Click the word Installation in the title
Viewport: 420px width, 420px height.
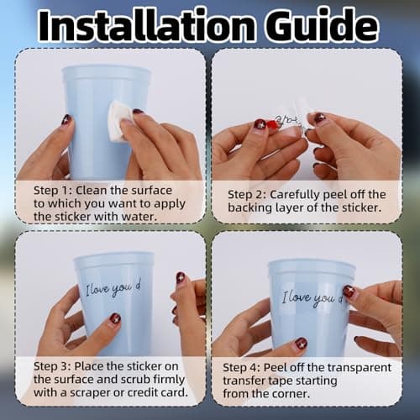pyautogui.click(x=147, y=26)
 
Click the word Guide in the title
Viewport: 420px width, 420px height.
pyautogui.click(x=322, y=26)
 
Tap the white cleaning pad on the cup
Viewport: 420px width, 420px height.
pyautogui.click(x=120, y=122)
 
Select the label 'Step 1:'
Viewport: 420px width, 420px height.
pyautogui.click(x=53, y=191)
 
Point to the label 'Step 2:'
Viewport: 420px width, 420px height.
pyautogui.click(x=247, y=195)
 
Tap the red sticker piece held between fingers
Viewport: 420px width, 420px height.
pyautogui.click(x=270, y=125)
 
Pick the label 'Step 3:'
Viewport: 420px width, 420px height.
pyautogui.click(x=53, y=366)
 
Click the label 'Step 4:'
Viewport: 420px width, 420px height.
pyautogui.click(x=242, y=368)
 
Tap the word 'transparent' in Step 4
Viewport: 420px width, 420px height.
pyautogui.click(x=360, y=368)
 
